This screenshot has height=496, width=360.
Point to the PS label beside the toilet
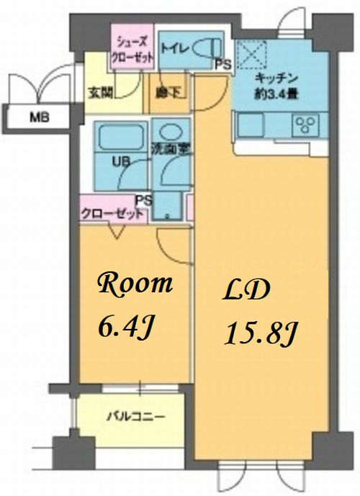tap(223, 65)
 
